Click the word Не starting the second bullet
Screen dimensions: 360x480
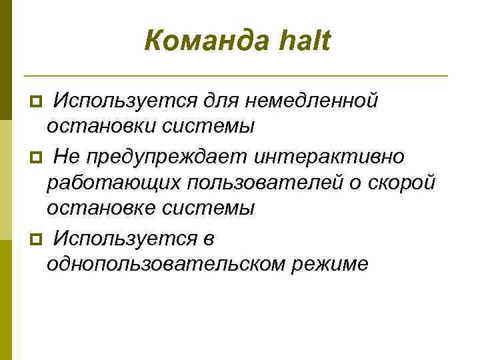point(66,156)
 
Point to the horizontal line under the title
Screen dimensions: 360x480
point(235,76)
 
